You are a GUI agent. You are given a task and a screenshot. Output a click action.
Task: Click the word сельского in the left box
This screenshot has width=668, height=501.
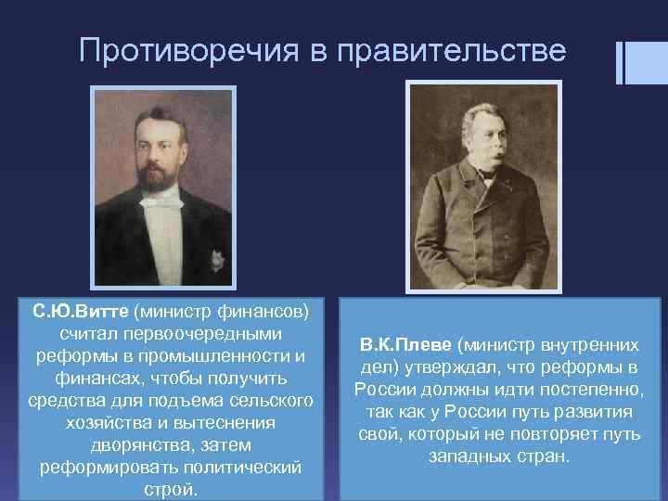(274, 400)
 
